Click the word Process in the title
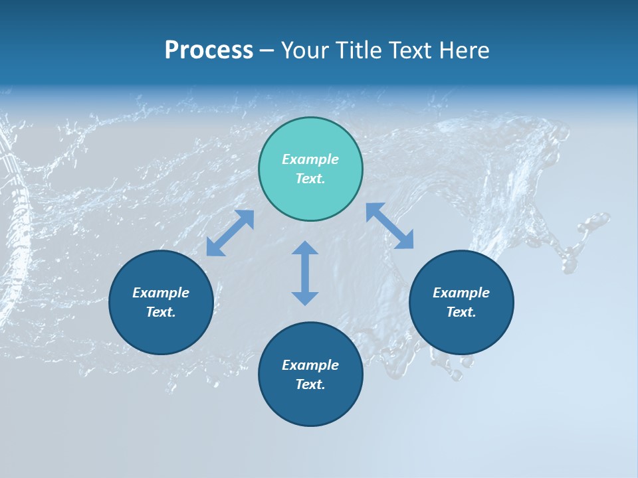click(209, 50)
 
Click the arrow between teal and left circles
click(230, 233)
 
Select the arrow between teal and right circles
click(389, 226)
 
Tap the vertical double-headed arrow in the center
click(305, 273)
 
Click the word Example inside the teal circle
click(310, 159)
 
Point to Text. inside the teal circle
click(310, 179)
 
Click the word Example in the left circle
click(161, 293)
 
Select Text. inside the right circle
click(461, 312)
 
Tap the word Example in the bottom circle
click(310, 365)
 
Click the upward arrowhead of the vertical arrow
click(305, 248)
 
